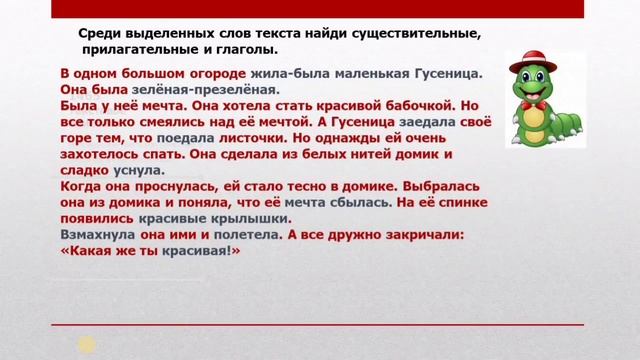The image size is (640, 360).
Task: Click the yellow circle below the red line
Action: point(87,344)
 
